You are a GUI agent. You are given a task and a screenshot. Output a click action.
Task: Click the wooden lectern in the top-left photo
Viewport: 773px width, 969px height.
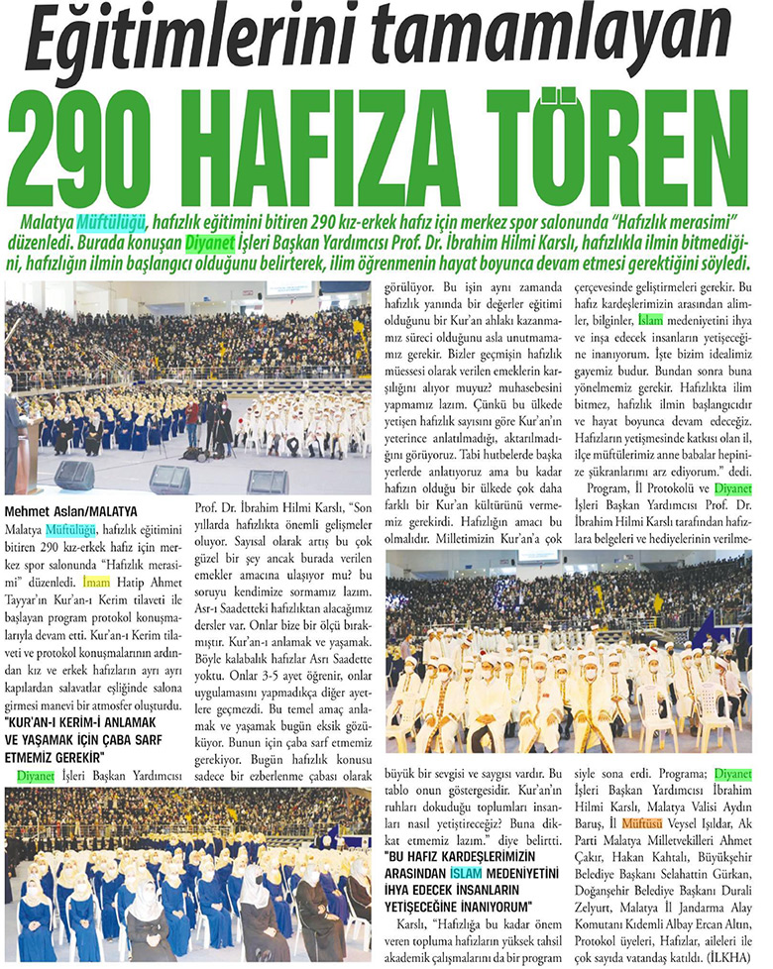(27, 455)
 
